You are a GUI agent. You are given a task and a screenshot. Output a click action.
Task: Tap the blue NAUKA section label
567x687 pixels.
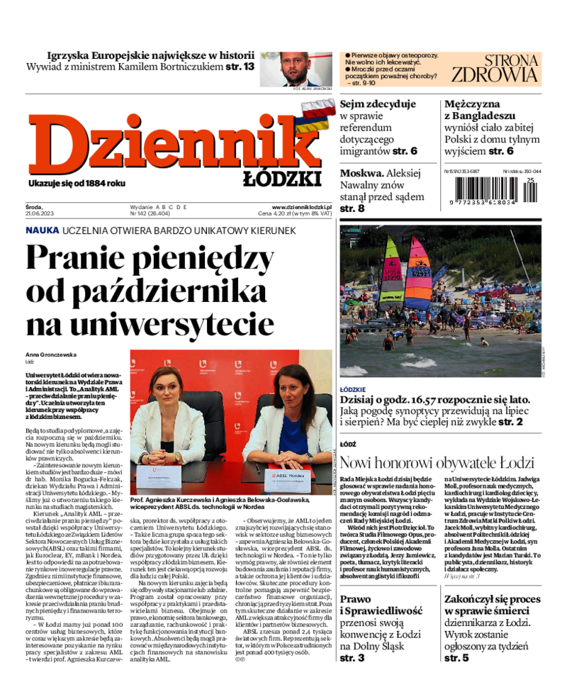(x=42, y=230)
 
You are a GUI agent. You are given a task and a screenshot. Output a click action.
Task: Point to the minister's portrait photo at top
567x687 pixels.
(x=295, y=68)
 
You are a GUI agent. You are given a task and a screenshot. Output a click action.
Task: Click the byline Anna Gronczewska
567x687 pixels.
(x=51, y=354)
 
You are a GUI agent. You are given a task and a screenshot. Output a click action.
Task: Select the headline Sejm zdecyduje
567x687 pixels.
(x=378, y=104)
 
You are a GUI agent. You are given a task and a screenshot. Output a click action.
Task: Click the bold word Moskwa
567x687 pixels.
(x=361, y=172)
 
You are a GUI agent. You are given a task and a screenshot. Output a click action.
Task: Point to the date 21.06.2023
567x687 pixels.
(x=39, y=213)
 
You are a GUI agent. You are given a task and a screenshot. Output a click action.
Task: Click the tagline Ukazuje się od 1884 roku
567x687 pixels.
(x=77, y=184)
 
